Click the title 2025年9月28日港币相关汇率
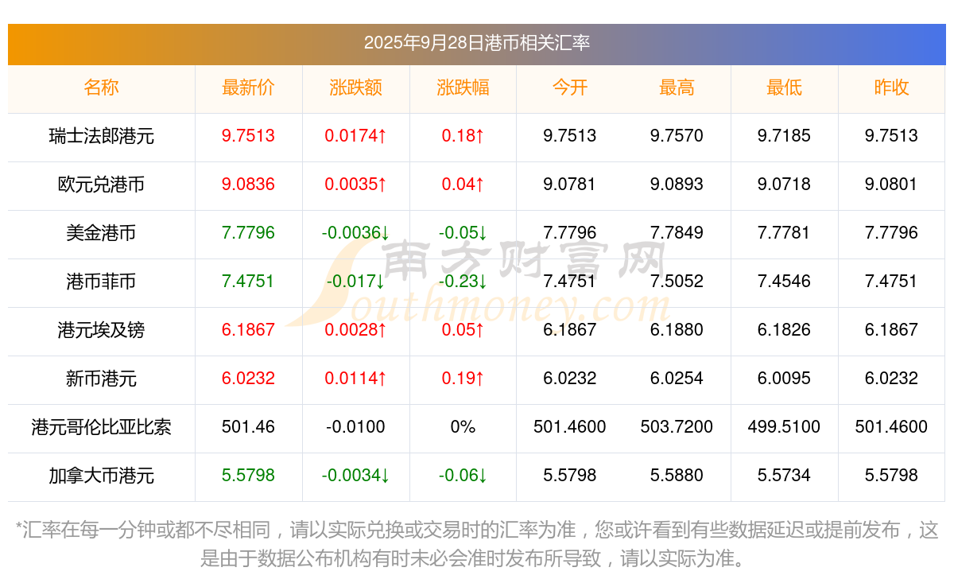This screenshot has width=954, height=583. pyautogui.click(x=476, y=43)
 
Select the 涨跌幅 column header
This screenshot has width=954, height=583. pyautogui.click(x=463, y=88)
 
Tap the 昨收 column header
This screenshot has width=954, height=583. pyautogui.click(x=891, y=88)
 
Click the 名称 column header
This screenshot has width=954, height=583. pyautogui.click(x=101, y=88)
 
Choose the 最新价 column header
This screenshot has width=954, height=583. pyautogui.click(x=248, y=88)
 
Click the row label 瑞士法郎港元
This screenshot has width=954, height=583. pyautogui.click(x=101, y=136)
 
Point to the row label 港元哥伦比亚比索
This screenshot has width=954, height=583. pyautogui.click(x=101, y=427)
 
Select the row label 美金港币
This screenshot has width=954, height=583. pyautogui.click(x=101, y=233)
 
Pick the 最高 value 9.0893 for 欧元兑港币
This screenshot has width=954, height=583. pyautogui.click(x=677, y=185)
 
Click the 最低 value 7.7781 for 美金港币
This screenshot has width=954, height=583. pyautogui.click(x=784, y=233)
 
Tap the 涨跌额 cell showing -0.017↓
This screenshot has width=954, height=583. pyautogui.click(x=355, y=282)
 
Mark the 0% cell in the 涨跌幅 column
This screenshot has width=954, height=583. pyautogui.click(x=463, y=427)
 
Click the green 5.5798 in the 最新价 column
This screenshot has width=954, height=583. pyautogui.click(x=248, y=476)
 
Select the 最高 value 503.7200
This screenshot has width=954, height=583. pyautogui.click(x=677, y=427)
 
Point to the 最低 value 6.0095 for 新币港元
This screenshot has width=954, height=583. pyautogui.click(x=784, y=379)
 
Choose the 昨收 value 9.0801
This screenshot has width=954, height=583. pyautogui.click(x=891, y=185)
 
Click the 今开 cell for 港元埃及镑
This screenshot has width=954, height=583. pyautogui.click(x=570, y=330)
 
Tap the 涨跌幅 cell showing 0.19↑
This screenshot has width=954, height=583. pyautogui.click(x=463, y=379)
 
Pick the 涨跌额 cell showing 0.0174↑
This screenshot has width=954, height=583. pyautogui.click(x=355, y=136)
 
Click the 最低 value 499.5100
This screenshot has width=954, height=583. pyautogui.click(x=784, y=427)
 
